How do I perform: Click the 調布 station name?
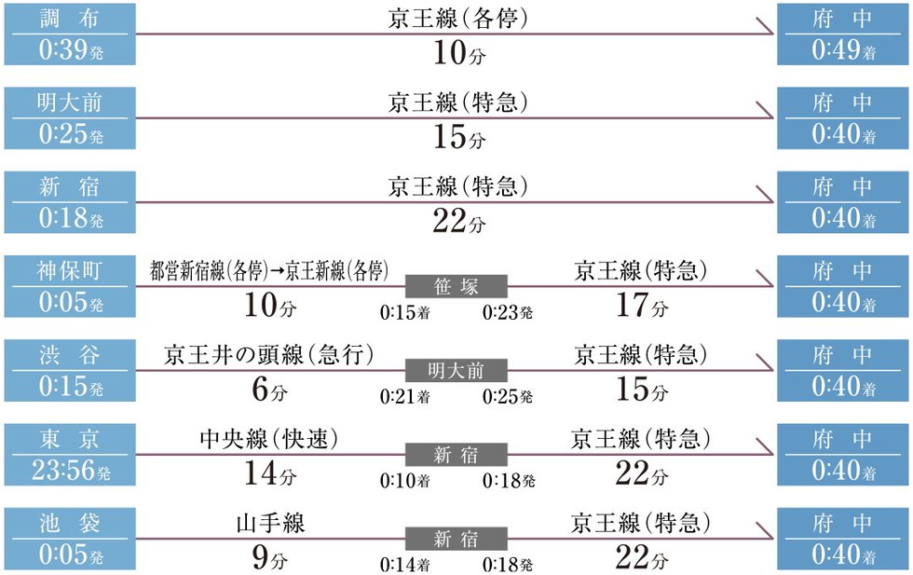[70, 19]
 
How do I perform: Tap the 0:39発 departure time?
[71, 49]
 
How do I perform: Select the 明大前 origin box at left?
[70, 118]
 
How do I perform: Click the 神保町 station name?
[69, 271]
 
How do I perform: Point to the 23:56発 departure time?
[71, 470]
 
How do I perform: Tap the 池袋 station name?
[70, 523]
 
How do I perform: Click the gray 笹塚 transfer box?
[456, 286]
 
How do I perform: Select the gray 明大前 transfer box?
[456, 371]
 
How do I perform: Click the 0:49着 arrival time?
[844, 49]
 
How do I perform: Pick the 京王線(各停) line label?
[457, 19]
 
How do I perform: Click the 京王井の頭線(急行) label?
[268, 355]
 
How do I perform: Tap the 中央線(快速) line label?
[268, 439]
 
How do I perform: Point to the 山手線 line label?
[270, 523]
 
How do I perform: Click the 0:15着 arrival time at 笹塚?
[404, 313]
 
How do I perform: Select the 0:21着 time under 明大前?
[404, 397]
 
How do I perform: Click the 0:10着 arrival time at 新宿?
[404, 481]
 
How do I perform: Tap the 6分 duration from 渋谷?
[270, 389]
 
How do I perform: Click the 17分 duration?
[642, 305]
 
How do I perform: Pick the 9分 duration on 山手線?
[270, 557]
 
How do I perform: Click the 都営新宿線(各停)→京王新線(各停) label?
[269, 271]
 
